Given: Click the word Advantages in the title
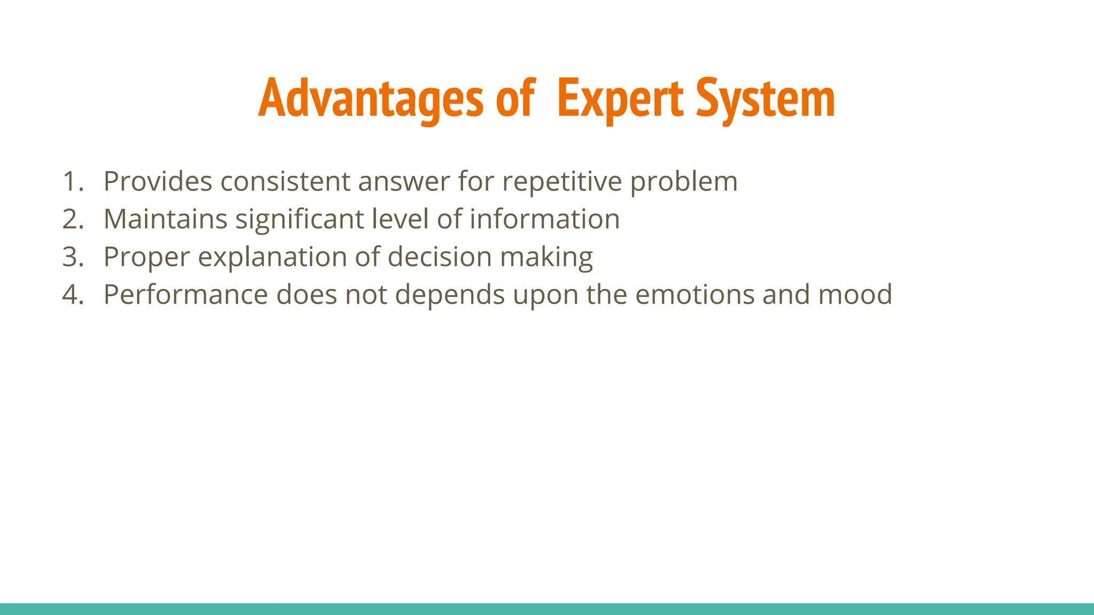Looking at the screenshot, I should tap(370, 99).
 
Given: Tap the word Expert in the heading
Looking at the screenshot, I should tap(620, 99).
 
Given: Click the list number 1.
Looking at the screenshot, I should tap(73, 182).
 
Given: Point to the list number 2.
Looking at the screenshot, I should tap(73, 219).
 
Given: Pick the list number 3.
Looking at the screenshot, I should tap(73, 257).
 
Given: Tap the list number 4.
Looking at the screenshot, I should tap(73, 295).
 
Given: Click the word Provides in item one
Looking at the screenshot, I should tap(158, 182).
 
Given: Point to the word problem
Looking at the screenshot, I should tap(684, 182).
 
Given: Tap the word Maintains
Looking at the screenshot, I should tap(165, 219).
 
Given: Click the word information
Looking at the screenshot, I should tap(544, 219).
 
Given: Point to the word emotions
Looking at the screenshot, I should tap(694, 295).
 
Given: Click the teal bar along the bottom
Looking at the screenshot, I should tap(547, 609).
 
